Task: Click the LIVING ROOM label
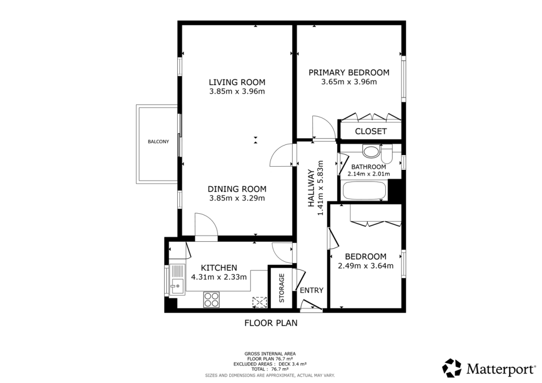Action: coord(237,82)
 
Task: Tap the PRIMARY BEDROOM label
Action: coord(349,72)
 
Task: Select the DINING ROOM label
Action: coord(237,189)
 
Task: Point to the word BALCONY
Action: coord(158,141)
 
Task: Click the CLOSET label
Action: coord(371,131)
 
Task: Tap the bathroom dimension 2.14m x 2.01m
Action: coord(368,174)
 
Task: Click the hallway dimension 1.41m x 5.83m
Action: coord(320,188)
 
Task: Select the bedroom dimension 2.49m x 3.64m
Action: coord(365,266)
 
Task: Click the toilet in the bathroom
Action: coord(386,154)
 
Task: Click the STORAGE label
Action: coord(282,288)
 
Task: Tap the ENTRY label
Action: coord(311,290)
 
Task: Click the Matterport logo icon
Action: coord(452,368)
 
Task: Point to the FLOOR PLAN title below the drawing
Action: coord(270,323)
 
